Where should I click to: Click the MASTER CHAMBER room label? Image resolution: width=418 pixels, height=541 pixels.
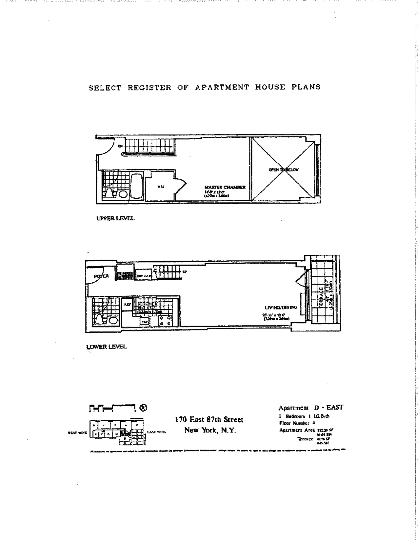pos(225,187)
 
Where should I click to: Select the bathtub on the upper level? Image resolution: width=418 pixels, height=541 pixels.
pos(136,186)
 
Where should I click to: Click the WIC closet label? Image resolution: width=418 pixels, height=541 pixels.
pos(161,187)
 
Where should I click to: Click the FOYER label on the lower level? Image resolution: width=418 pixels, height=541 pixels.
pos(101,276)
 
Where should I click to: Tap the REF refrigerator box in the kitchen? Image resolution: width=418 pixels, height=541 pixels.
pos(127,304)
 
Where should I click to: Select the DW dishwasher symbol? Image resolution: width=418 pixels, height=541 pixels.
pos(144,322)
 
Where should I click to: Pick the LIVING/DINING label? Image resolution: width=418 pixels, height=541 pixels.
pos(281,307)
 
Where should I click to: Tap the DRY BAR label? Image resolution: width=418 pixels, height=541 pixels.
pos(144,276)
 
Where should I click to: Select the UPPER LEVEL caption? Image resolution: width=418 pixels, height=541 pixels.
pos(115,218)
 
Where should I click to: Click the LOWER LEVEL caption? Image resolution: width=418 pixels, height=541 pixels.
pos(106,347)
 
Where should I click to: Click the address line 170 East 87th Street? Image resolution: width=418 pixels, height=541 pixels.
pos(209,419)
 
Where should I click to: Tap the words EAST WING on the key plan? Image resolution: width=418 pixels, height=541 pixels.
pos(156,432)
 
